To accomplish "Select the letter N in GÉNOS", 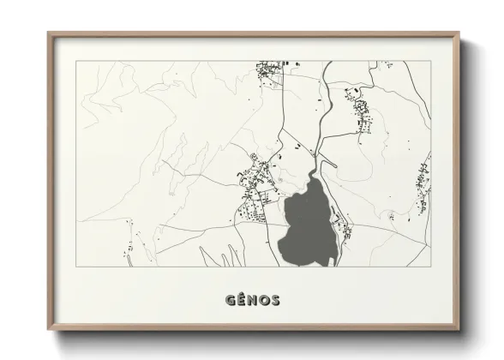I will pyautogui.click(x=253, y=301).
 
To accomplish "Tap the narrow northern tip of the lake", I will pyautogui.click(x=315, y=171).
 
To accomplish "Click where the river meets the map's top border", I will pyautogui.click(x=328, y=62).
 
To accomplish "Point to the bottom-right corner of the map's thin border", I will pyautogui.click(x=431, y=268).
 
